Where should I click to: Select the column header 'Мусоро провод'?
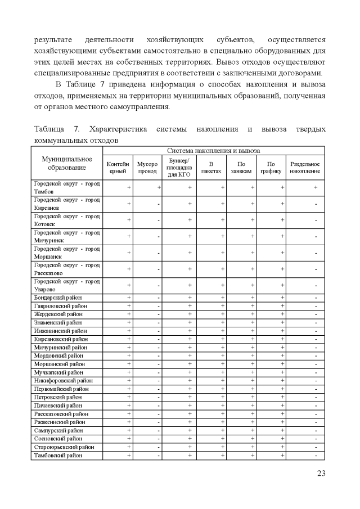[x=147, y=168]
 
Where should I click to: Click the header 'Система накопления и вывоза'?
[x=214, y=151]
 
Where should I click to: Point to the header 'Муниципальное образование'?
[x=67, y=163]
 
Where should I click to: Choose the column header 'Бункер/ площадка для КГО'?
[x=180, y=168]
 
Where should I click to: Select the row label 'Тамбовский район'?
[x=58, y=456]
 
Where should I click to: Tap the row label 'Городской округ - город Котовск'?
[x=66, y=220]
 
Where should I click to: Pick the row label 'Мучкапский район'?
[x=57, y=372]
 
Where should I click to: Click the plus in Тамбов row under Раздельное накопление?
[x=316, y=187]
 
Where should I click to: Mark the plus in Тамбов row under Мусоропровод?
[x=159, y=187]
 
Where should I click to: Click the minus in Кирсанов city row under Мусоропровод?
[x=159, y=204]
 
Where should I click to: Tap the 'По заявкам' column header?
[x=241, y=168]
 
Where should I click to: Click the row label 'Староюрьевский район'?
[x=62, y=447]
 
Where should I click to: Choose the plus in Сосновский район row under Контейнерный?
[x=129, y=439]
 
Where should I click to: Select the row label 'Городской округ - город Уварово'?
[x=66, y=285]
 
